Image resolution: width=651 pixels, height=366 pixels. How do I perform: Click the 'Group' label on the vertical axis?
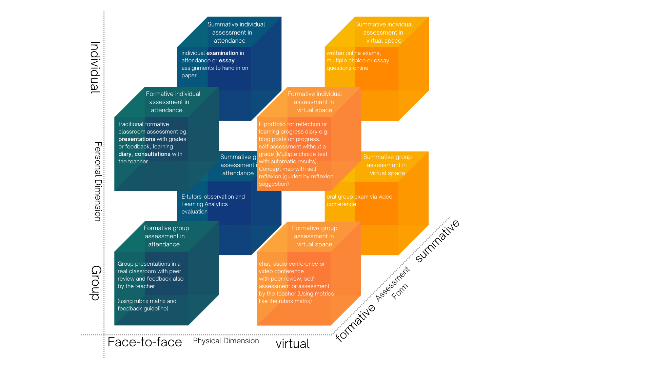96,283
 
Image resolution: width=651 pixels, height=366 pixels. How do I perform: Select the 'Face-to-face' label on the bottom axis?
145,342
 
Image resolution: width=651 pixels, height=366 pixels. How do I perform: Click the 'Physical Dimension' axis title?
226,341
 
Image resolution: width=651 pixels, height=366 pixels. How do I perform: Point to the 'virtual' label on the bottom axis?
292,344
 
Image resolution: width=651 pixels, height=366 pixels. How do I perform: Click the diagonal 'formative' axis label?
355,322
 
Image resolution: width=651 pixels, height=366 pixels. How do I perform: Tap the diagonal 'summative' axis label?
437,241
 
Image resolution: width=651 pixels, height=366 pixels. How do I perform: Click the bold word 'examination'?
222,53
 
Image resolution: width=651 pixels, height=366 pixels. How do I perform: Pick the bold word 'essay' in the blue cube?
226,60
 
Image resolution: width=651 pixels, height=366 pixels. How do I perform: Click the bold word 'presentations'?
137,139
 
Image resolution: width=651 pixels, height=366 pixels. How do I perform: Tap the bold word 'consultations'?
152,154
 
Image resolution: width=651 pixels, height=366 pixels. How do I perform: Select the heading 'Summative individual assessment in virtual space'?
384,33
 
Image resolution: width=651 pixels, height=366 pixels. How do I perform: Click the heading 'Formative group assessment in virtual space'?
315,236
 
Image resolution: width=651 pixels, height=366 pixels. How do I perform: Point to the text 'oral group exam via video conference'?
359,200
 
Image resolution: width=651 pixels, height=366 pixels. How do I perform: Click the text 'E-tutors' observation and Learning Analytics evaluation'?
213,204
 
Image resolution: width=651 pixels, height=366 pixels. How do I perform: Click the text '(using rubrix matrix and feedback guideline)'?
147,305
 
